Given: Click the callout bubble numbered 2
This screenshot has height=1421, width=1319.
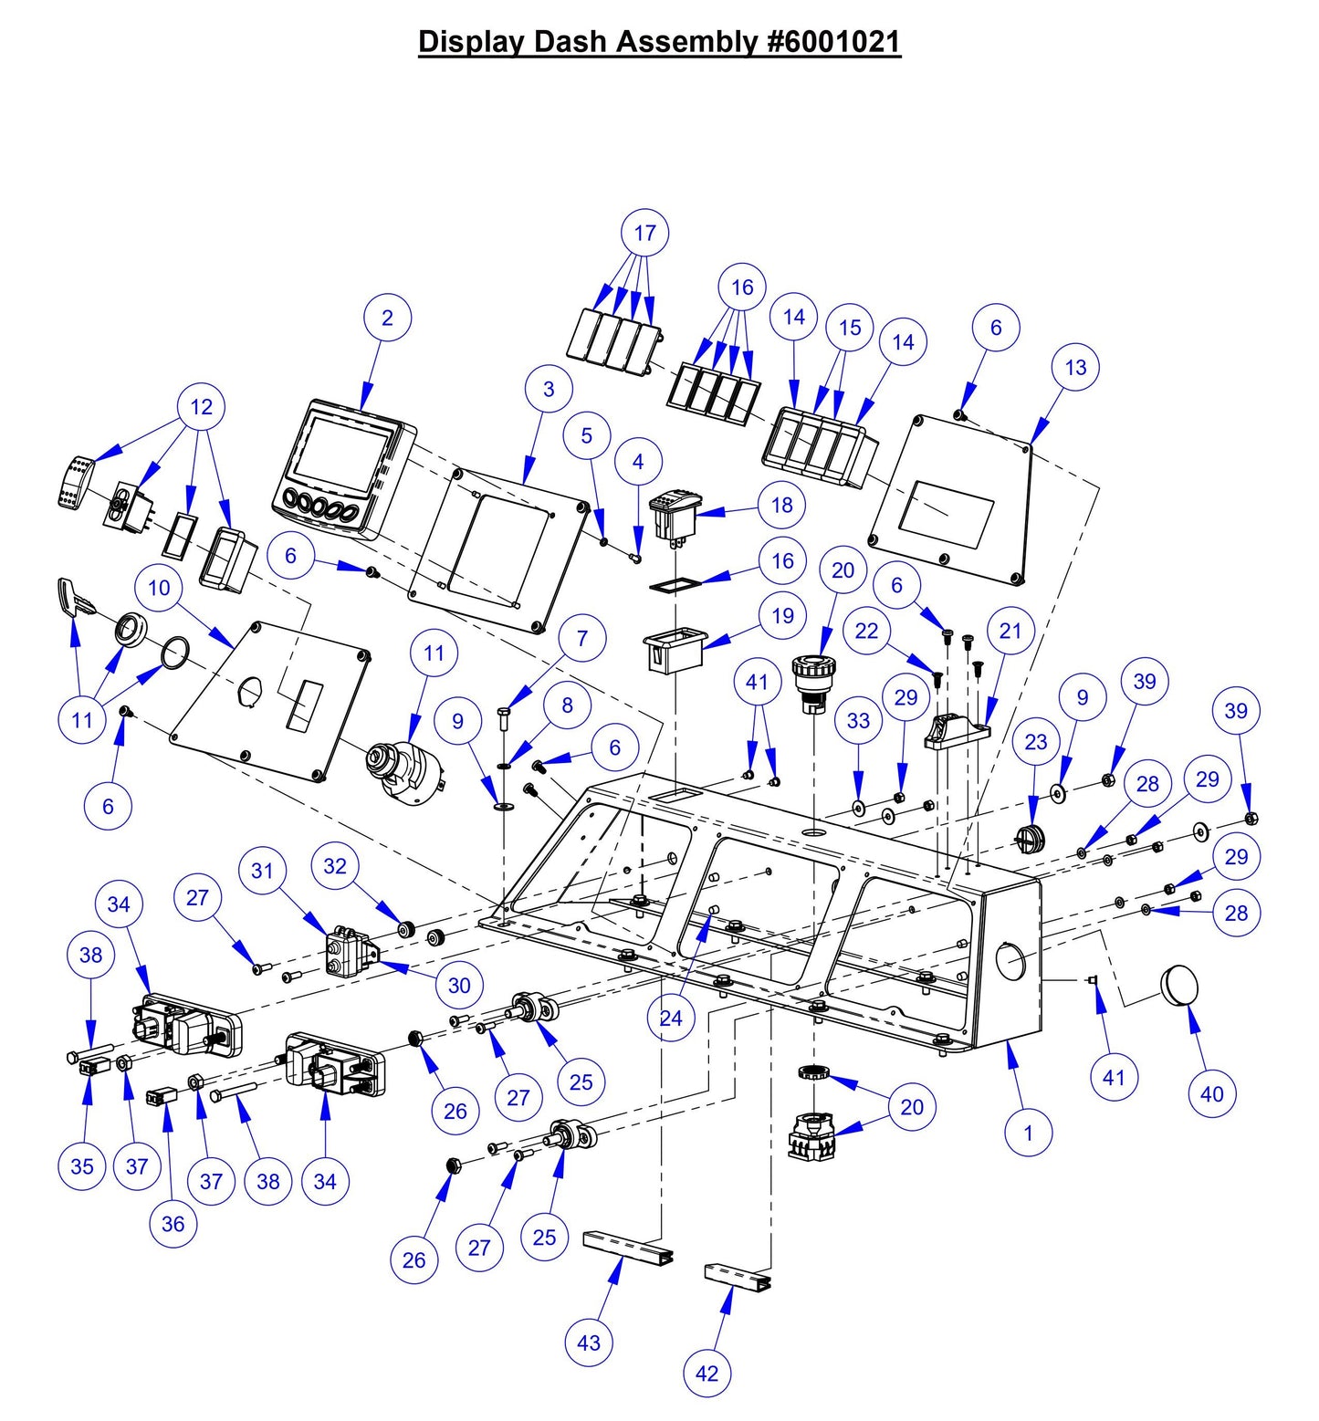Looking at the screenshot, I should [x=387, y=318].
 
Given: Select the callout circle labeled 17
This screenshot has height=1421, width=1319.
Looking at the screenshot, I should [x=644, y=233].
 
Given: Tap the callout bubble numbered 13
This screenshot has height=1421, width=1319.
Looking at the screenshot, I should [x=1075, y=367].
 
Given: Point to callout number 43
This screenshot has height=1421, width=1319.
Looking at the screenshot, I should [x=589, y=1343].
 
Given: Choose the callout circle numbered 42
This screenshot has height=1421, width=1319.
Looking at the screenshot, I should [x=707, y=1374].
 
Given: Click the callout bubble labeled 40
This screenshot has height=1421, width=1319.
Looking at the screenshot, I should [x=1211, y=1093].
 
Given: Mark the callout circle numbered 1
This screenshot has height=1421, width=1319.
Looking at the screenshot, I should [x=1028, y=1133].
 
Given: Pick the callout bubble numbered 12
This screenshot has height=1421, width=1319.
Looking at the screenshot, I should [x=201, y=406].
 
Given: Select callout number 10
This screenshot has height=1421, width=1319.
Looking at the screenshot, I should [x=159, y=588].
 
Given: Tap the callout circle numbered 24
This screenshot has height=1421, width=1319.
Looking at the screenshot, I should [x=671, y=1018].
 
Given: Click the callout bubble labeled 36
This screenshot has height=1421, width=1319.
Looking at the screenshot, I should [x=173, y=1224].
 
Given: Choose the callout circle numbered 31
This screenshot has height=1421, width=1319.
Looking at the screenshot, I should [x=262, y=871].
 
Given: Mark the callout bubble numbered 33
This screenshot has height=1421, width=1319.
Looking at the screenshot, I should [x=858, y=721].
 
